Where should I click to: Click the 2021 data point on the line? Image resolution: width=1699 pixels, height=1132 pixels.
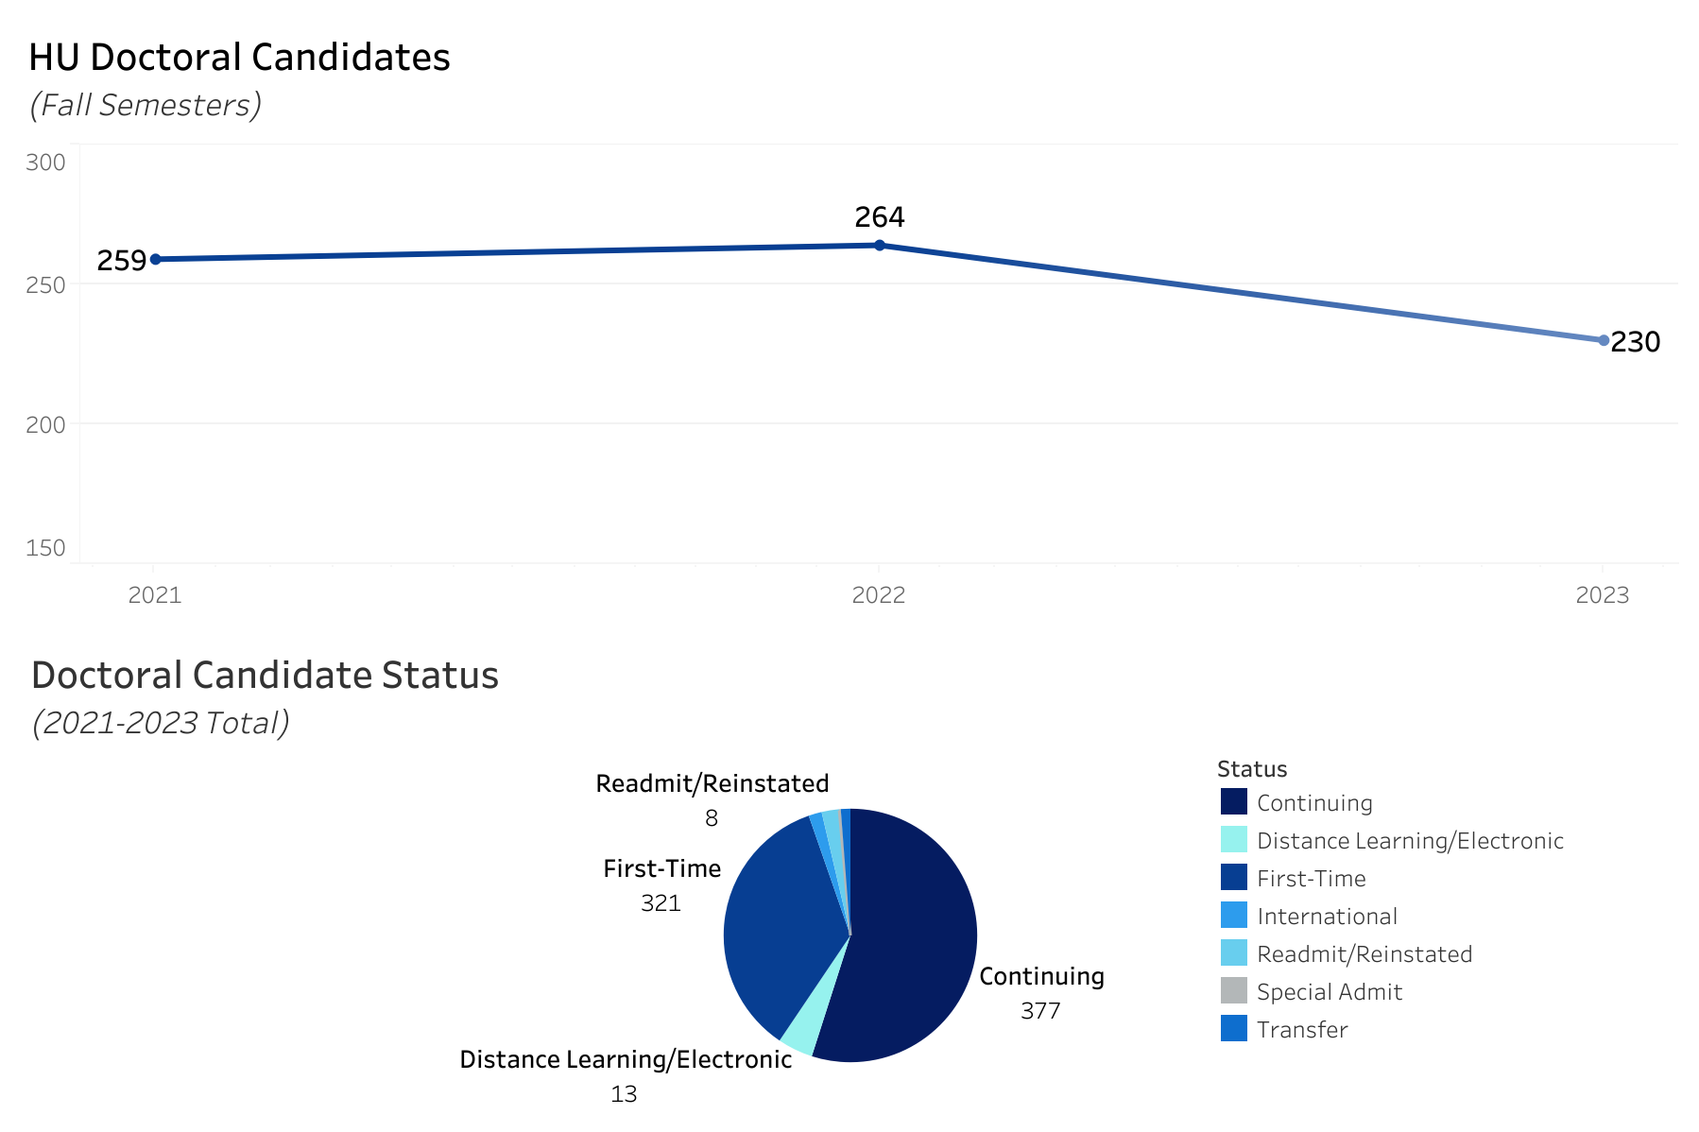156,259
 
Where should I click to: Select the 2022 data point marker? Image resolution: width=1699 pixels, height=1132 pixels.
880,246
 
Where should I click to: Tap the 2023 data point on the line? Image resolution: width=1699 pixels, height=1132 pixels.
1604,340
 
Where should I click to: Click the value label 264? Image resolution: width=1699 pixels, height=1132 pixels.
880,217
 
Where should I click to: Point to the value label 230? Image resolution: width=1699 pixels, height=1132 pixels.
1635,342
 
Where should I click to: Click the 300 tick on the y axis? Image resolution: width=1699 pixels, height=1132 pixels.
45,163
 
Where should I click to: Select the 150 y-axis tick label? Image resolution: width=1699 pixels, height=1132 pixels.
45,548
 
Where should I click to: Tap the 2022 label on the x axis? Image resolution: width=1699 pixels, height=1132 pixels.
879,595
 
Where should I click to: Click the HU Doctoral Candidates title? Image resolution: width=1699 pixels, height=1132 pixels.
239,58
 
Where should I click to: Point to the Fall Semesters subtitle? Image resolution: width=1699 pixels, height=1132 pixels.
146,105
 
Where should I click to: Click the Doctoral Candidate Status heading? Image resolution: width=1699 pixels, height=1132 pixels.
265,676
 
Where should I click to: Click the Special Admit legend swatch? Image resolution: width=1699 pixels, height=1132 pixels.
1234,991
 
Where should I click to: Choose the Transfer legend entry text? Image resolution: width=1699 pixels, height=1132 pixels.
1302,1030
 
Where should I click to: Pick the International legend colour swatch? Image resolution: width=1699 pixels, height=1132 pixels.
1234,916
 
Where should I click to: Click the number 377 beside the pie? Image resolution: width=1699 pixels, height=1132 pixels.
1040,1011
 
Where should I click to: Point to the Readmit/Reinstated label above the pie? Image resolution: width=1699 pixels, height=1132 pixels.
712,784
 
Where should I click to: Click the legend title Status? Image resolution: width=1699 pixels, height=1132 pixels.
1252,769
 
